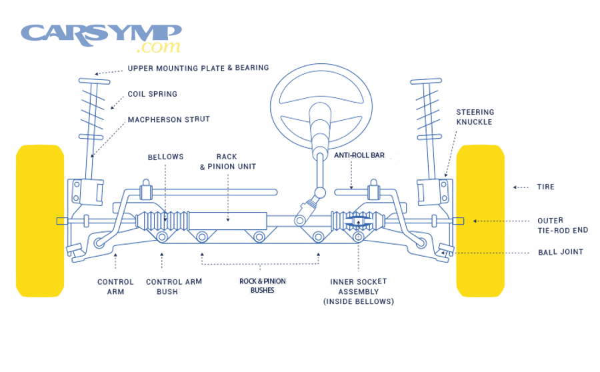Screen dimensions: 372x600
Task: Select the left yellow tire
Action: click(40, 220)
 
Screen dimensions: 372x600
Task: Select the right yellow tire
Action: click(480, 220)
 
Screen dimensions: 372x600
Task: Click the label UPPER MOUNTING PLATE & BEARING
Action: click(198, 68)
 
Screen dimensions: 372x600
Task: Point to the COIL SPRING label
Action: click(153, 95)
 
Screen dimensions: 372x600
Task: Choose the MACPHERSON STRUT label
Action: click(169, 120)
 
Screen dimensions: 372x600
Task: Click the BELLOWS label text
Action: click(165, 157)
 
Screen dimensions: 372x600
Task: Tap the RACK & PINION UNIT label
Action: click(227, 162)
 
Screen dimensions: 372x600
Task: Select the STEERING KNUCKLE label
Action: click(475, 117)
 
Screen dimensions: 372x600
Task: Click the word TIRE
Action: click(545, 187)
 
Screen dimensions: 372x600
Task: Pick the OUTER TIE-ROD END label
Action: click(562, 225)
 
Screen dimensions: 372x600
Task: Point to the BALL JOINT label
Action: click(560, 253)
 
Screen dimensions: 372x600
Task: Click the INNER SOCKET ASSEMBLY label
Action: click(358, 291)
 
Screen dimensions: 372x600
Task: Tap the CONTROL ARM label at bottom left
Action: click(115, 287)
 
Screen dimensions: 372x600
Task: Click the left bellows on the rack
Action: click(163, 221)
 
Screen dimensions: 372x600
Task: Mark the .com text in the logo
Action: click(158, 48)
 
